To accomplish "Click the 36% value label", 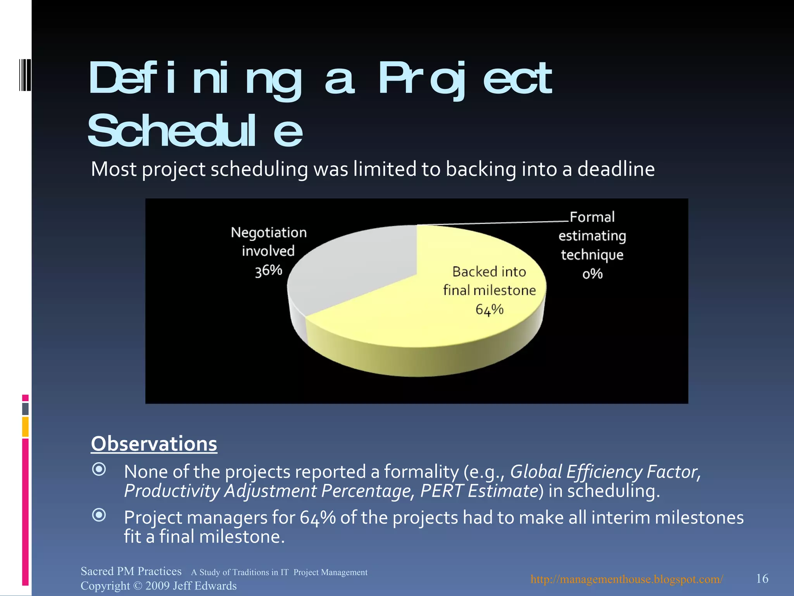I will pos(268,270).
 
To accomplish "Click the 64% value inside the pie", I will pos(489,310).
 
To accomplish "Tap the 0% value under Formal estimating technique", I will pos(592,274).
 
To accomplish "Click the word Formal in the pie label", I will pos(592,217).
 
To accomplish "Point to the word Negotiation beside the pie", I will pos(269,232).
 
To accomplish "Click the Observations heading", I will pos(154,444).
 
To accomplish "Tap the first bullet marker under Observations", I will pos(99,470).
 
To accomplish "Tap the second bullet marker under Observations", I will pos(99,515).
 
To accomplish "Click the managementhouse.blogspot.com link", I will pos(627,579).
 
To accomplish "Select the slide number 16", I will pos(762,579).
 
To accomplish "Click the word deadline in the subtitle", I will pos(616,169).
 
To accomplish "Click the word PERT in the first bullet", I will pos(442,491).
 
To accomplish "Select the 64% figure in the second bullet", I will pos(318,518).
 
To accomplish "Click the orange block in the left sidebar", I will pos(25,426).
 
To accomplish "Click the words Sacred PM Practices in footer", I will pos(131,571).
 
